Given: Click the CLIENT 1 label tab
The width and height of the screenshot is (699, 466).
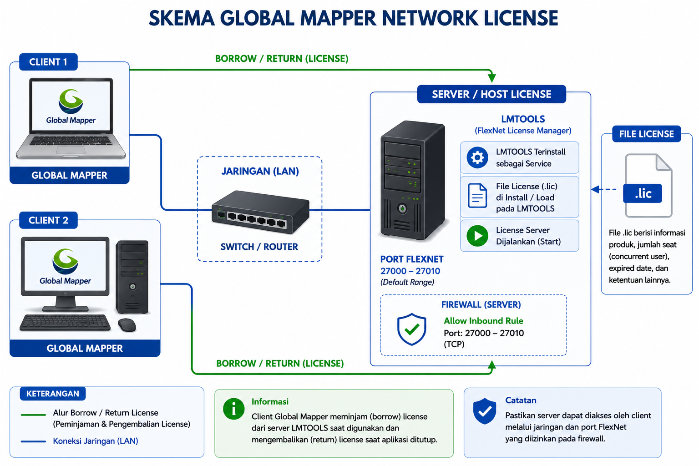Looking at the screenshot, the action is (48, 62).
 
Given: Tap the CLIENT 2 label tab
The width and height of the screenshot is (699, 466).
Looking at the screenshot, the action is (48, 220).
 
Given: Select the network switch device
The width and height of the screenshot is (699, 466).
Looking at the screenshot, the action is (261, 212).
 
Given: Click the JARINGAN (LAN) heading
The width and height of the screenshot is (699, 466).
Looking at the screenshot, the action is (260, 171).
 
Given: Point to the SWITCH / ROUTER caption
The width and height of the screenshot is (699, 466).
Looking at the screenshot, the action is (259, 247).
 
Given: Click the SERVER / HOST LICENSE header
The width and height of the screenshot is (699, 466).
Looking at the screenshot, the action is (491, 94).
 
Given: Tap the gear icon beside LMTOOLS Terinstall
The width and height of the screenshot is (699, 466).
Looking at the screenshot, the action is (477, 157).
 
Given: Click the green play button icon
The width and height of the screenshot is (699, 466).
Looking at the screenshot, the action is (477, 236).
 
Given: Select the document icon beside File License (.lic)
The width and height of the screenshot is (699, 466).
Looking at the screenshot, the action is (477, 196).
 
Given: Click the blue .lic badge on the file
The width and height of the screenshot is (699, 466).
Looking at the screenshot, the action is (643, 193).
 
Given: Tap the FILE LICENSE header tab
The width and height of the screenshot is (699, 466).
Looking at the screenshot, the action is (646, 134).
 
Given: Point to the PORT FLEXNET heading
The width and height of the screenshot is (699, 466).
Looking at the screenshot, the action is (411, 259).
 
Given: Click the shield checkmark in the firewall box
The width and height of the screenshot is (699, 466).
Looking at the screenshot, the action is (411, 329).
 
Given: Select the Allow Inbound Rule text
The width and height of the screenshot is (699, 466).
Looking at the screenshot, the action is (483, 320).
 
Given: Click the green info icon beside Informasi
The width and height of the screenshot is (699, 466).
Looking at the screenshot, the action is (234, 409).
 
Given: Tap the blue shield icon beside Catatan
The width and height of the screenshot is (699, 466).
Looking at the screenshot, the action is (484, 411).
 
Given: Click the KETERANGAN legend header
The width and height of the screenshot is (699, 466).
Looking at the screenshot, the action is (52, 394).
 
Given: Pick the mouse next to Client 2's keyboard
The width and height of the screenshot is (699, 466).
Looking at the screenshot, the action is (127, 324).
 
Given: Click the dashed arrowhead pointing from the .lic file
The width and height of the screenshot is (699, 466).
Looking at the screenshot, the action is (595, 189).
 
